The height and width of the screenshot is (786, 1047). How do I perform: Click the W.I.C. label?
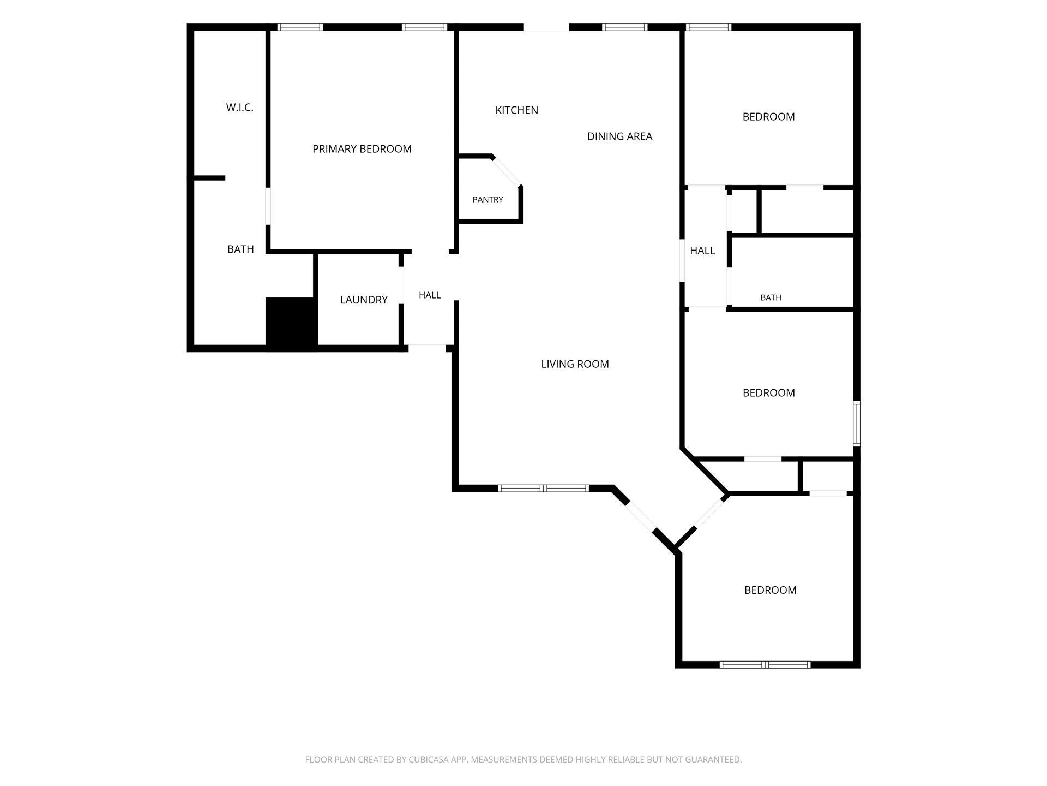click(240, 108)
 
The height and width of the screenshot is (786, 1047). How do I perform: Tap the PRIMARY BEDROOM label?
click(362, 149)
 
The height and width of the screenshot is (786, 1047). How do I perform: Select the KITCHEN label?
click(516, 110)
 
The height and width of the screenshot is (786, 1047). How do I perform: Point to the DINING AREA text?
click(619, 136)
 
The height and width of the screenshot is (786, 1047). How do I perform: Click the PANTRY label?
click(488, 200)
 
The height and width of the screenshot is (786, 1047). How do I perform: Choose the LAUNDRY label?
click(364, 300)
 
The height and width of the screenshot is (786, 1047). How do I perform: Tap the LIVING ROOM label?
click(575, 364)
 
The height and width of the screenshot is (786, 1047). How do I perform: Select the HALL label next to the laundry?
click(430, 295)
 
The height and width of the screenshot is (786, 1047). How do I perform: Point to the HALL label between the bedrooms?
click(702, 251)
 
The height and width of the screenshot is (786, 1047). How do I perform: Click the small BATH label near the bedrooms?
click(771, 297)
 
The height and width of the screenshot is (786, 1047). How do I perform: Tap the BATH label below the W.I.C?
click(240, 249)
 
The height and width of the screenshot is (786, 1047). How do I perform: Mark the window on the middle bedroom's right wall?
click(857, 424)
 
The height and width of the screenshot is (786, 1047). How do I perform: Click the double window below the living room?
click(543, 488)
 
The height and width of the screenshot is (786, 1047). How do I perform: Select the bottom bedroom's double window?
click(765, 664)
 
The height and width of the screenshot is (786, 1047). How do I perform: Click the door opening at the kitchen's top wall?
click(546, 27)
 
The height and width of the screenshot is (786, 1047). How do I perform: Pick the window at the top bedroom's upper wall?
click(708, 27)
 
